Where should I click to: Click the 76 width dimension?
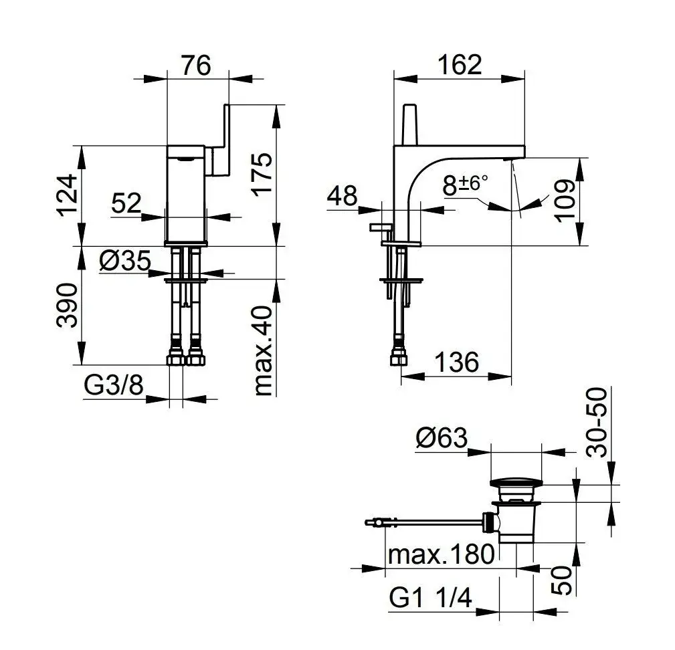click(x=196, y=66)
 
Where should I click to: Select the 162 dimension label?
click(x=460, y=65)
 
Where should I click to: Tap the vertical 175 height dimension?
click(x=263, y=175)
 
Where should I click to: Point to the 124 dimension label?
click(x=67, y=195)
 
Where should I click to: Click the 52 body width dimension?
click(x=126, y=203)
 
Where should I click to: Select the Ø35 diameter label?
click(x=125, y=261)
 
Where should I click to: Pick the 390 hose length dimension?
click(x=67, y=305)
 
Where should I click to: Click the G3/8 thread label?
click(x=114, y=385)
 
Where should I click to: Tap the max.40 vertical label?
click(x=263, y=350)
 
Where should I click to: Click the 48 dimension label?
click(x=343, y=196)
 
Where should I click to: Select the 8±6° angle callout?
click(x=466, y=185)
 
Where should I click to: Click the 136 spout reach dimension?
click(x=456, y=362)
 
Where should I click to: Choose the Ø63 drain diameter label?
click(x=442, y=438)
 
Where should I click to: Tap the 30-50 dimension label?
click(x=597, y=423)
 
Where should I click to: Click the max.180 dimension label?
click(x=441, y=554)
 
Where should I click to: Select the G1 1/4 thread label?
click(x=430, y=598)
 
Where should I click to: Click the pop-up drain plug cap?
click(x=516, y=484)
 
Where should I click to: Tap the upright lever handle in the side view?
click(x=410, y=125)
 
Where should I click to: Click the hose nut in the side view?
click(x=398, y=358)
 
